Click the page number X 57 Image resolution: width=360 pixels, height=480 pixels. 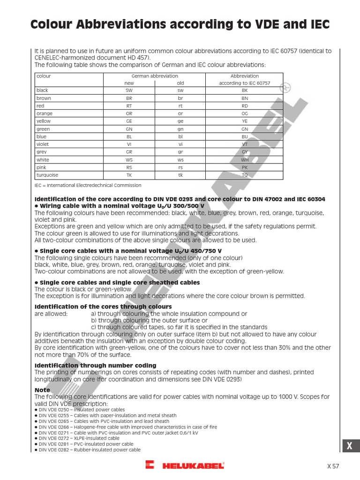pyautogui.click(x=332, y=466)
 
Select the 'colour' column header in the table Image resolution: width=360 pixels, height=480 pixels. pyautogui.click(x=44, y=76)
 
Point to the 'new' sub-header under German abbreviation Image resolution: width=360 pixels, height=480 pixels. pyautogui.click(x=129, y=83)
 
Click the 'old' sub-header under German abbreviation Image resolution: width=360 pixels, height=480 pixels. pyautogui.click(x=180, y=83)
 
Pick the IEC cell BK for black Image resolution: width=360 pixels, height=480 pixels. pyautogui.click(x=244, y=90)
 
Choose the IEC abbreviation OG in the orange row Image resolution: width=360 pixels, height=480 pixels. pyautogui.click(x=244, y=113)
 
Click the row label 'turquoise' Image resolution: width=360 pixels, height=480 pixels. pyautogui.click(x=47, y=175)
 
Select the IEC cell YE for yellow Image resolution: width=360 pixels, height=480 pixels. pyautogui.click(x=244, y=121)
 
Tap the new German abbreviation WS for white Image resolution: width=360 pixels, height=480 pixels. pyautogui.click(x=129, y=160)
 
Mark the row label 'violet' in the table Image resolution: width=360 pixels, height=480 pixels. pyautogui.click(x=43, y=144)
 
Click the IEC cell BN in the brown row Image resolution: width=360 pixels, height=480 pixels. pyautogui.click(x=244, y=98)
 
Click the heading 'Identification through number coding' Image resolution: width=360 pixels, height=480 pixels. pyautogui.click(x=96, y=365)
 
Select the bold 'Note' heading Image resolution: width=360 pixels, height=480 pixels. pyautogui.click(x=42, y=390)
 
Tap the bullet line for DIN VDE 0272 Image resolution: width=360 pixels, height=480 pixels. pyautogui.click(x=82, y=438)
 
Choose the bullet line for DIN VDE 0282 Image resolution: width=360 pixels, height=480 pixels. pyautogui.click(x=89, y=450)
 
